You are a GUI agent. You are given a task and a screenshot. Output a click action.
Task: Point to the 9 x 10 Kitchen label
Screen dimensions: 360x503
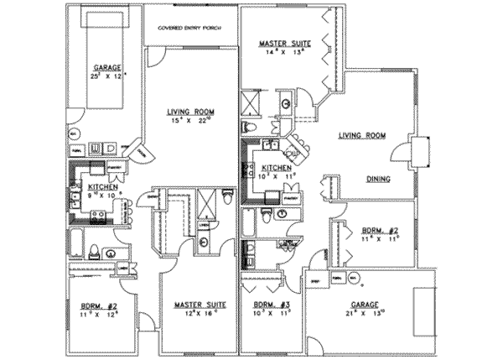click(103, 185)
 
